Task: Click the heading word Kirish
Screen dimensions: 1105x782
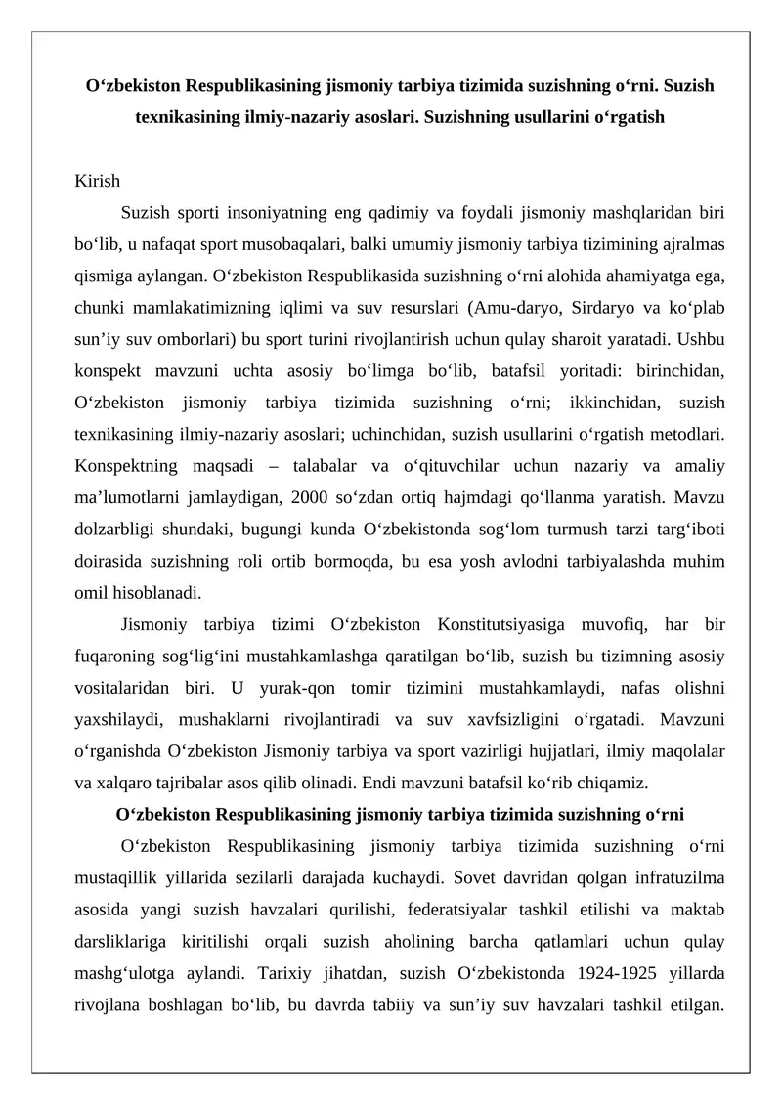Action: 98,181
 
